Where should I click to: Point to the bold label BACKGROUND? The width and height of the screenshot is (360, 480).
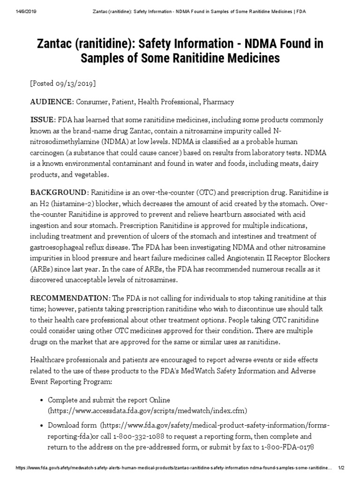(59, 193)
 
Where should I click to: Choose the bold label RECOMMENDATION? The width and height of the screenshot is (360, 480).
(69, 298)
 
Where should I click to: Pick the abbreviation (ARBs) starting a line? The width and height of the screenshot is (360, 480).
(43, 269)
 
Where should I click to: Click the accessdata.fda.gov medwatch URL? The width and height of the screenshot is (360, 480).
(147, 410)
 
